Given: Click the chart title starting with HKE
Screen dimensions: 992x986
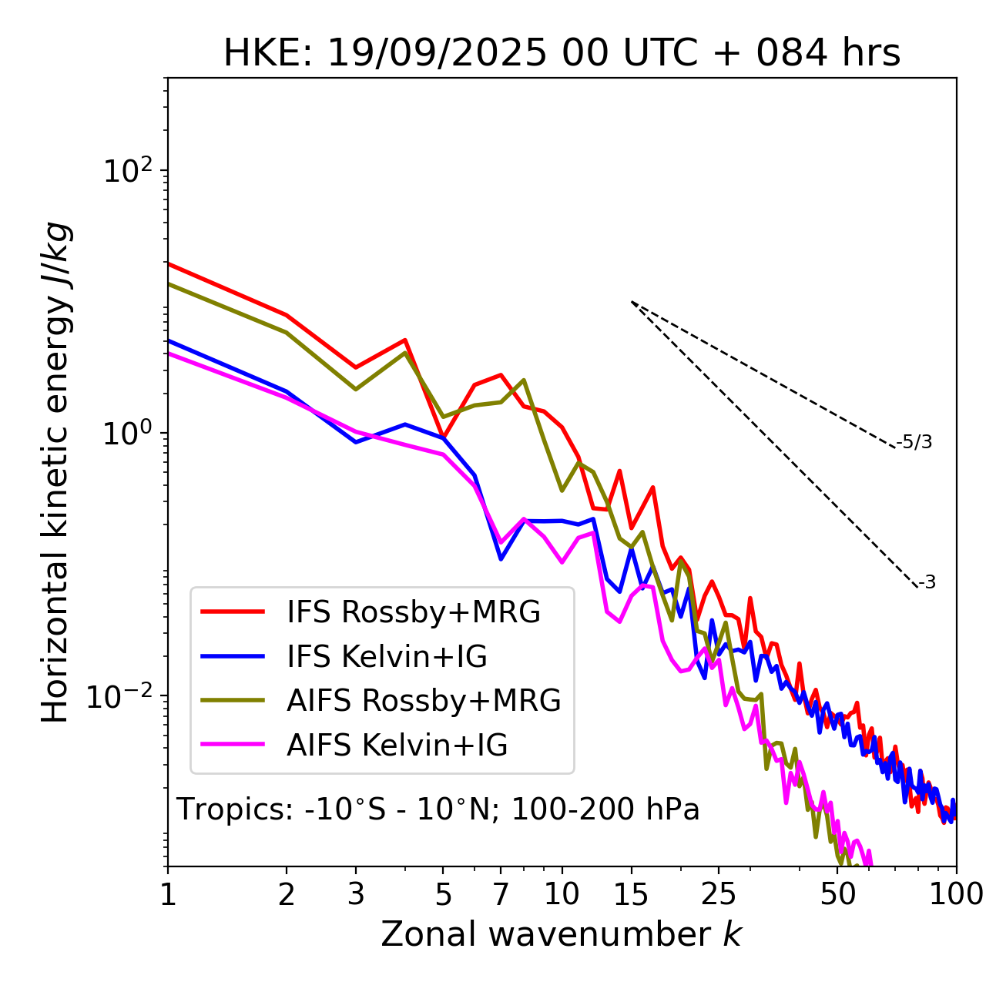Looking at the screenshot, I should [x=562, y=54].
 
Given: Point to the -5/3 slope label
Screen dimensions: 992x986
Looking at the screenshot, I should [x=914, y=442].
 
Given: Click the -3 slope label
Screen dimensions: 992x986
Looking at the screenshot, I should [x=927, y=583].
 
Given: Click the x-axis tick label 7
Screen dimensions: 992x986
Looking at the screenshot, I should [x=501, y=894].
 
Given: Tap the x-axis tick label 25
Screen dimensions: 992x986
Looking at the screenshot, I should [x=718, y=894].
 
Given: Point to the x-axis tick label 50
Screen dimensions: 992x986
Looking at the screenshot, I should [x=838, y=894].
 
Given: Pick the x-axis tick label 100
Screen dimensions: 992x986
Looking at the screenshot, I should [x=956, y=894].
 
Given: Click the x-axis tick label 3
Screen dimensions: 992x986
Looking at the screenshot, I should [x=355, y=894].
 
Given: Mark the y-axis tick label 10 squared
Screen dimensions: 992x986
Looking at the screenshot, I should [x=126, y=170].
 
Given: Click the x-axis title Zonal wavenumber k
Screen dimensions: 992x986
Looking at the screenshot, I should [x=562, y=934].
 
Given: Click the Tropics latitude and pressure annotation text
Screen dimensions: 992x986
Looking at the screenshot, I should [x=438, y=810].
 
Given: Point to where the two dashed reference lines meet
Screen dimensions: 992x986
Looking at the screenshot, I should [x=632, y=301].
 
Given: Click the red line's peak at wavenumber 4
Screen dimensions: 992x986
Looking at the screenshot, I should [x=404, y=340].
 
